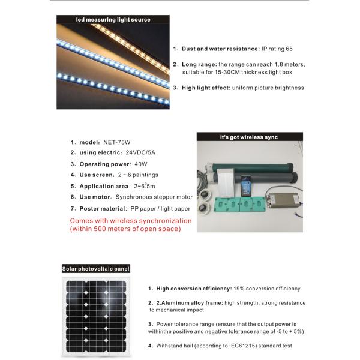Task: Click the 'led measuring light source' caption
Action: tap(113, 20)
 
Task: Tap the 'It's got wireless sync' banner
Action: tap(250, 137)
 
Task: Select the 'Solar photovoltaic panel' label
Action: tap(96, 268)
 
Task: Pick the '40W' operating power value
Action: tap(142, 164)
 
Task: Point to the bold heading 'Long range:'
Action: tap(199, 64)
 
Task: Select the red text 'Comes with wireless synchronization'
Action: tap(131, 221)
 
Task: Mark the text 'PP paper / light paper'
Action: tap(160, 208)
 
